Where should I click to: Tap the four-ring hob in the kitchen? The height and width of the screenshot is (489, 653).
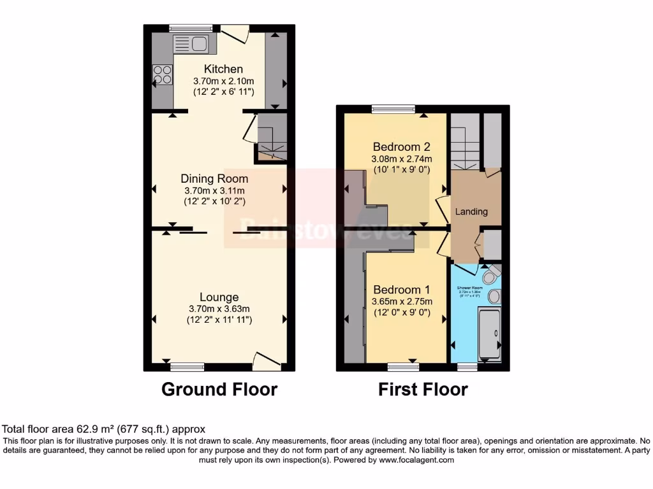click(162, 74)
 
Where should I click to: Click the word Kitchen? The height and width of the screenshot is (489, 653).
click(223, 69)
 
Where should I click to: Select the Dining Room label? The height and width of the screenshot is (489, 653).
click(214, 178)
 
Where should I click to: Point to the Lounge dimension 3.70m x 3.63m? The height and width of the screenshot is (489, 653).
click(219, 309)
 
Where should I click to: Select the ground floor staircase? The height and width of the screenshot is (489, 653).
click(272, 137)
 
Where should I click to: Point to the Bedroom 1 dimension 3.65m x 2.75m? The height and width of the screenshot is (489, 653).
click(402, 301)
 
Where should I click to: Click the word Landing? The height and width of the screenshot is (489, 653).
click(471, 211)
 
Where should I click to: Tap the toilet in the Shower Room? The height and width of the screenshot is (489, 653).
click(490, 276)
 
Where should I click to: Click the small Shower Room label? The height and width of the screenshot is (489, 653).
click(469, 287)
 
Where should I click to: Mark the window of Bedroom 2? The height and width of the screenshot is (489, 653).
click(393, 109)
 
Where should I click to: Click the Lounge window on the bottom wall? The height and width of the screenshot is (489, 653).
click(187, 366)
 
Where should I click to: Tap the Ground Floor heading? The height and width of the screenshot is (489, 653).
click(219, 389)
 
